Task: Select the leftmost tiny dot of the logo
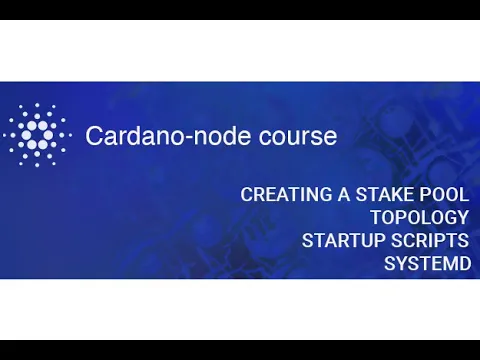pyautogui.click(x=5, y=135)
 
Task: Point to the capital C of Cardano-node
pyautogui.click(x=93, y=136)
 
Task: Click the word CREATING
pyautogui.click(x=286, y=195)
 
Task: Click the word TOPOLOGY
pyautogui.click(x=418, y=218)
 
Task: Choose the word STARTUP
pyautogui.click(x=339, y=241)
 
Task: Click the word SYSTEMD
pyautogui.click(x=426, y=264)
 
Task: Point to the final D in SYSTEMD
pyautogui.click(x=462, y=264)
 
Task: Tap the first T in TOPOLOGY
pyautogui.click(x=375, y=218)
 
